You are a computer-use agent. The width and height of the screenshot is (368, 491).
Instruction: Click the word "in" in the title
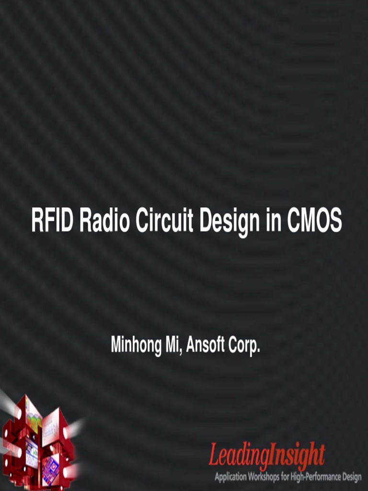pos(273,222)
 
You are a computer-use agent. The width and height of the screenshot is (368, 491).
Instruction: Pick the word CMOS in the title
pos(314,222)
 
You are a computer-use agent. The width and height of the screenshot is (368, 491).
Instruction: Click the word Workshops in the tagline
pos(265,478)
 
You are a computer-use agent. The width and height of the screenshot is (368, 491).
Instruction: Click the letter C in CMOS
pos(294,222)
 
